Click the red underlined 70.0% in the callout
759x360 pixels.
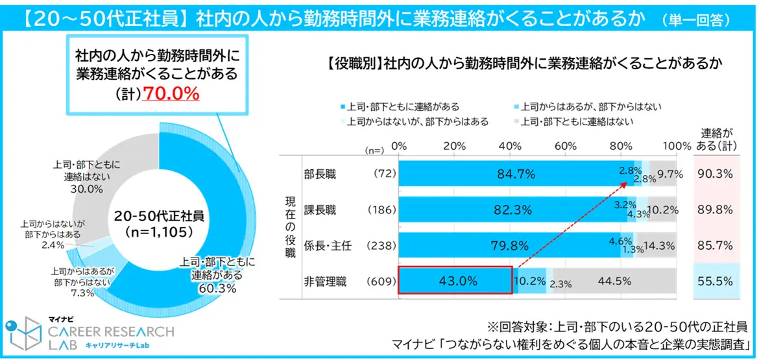(x=171, y=94)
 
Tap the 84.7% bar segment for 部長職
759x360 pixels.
(x=516, y=174)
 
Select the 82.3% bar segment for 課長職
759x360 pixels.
(x=512, y=210)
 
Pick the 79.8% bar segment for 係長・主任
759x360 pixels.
(x=509, y=245)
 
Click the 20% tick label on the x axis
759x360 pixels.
(x=454, y=143)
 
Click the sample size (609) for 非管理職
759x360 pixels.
(x=381, y=282)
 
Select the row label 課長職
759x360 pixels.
(x=320, y=210)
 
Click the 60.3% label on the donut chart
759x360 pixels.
(x=218, y=288)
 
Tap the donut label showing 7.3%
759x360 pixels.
(x=82, y=293)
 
